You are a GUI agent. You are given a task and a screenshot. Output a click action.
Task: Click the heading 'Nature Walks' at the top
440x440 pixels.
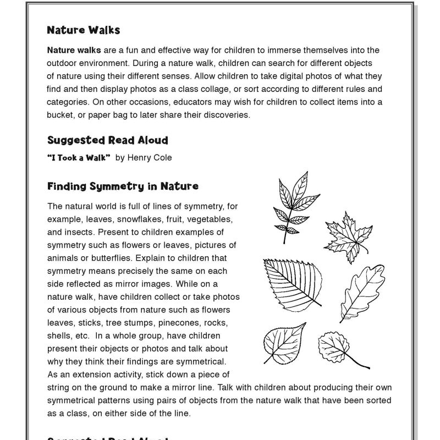[83, 30]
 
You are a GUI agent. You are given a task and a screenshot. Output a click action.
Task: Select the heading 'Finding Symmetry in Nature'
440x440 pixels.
[123, 186]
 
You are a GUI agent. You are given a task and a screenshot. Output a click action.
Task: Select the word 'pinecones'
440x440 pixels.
[185, 322]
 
